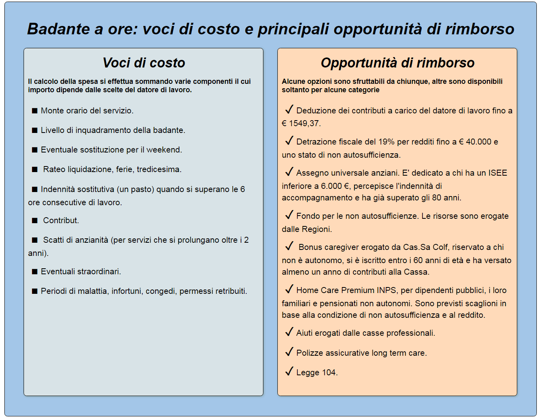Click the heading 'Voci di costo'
point(143,63)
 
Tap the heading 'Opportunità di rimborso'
point(397,63)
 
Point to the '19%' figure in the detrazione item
point(386,142)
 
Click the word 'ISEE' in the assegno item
point(497,173)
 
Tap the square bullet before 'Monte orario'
point(35,111)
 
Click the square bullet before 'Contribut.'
point(35,221)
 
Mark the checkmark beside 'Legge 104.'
point(289,372)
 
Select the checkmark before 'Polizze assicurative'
point(289,352)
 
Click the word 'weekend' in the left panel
point(163,150)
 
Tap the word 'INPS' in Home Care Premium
point(386,290)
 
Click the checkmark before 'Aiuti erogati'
point(289,332)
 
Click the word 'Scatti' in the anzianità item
point(54,240)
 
